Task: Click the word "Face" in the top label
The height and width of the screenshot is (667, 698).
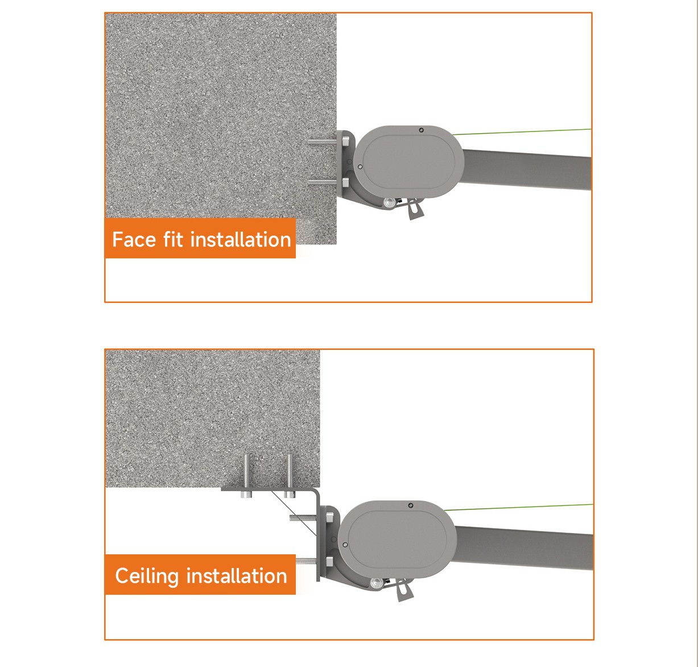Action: [134, 240]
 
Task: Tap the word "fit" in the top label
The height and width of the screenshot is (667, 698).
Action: [173, 239]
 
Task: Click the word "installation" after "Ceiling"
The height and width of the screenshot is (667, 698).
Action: [237, 576]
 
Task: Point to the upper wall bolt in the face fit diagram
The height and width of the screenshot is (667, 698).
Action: [325, 142]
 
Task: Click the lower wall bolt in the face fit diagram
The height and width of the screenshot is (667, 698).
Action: [325, 182]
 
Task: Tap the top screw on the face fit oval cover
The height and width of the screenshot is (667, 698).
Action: [422, 130]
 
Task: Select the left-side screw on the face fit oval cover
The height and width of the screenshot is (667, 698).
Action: [360, 167]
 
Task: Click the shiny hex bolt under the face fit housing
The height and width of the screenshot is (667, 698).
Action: [389, 203]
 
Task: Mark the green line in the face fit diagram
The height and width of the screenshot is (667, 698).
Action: [522, 131]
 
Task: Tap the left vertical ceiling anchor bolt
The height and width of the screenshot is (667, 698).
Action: [246, 476]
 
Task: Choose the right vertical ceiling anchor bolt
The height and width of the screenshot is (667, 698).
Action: [289, 476]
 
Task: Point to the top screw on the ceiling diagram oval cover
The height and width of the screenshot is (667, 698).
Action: [411, 505]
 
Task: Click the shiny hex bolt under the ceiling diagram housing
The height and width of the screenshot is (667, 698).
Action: [375, 583]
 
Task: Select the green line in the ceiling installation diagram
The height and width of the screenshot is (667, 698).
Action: [518, 507]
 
